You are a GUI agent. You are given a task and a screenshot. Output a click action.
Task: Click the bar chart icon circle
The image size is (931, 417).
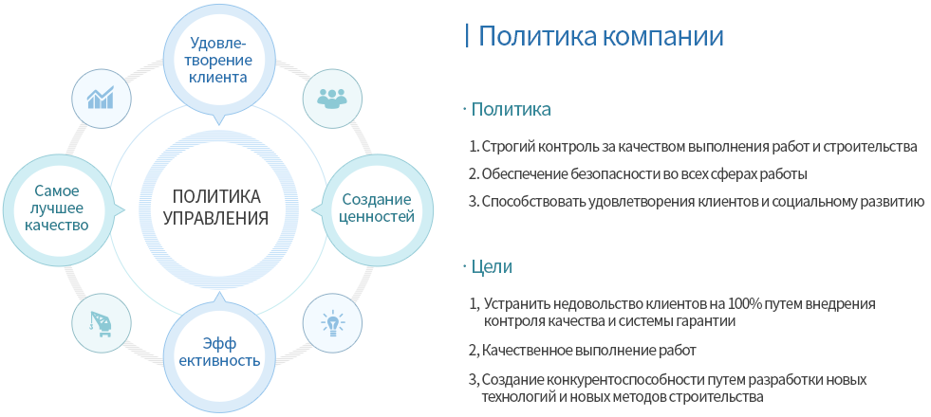[x=101, y=98]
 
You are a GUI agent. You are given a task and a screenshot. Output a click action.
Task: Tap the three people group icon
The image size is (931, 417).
[x=332, y=98]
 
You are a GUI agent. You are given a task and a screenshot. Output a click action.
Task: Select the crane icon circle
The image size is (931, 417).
[x=101, y=323]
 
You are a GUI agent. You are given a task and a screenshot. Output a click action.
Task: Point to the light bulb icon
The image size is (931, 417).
[x=332, y=324]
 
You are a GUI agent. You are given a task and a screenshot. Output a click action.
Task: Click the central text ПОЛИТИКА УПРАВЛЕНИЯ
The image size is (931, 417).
[x=216, y=207]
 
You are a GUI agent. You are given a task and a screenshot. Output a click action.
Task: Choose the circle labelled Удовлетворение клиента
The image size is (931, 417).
[x=219, y=61]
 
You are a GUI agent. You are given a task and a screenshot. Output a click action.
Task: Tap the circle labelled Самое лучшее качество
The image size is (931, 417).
[x=61, y=208]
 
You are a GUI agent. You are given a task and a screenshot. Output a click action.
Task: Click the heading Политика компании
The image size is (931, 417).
[x=601, y=36]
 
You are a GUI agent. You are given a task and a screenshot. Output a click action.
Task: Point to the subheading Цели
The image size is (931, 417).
[x=492, y=267]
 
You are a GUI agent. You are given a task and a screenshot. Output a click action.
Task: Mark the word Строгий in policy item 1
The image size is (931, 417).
[x=504, y=147]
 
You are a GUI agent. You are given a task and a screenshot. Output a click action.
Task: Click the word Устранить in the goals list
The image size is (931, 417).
[x=516, y=305]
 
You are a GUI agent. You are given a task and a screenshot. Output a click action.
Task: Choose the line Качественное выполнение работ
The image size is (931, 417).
[x=588, y=351]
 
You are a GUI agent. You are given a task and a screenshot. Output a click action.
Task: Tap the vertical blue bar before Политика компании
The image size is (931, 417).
[x=467, y=36]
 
